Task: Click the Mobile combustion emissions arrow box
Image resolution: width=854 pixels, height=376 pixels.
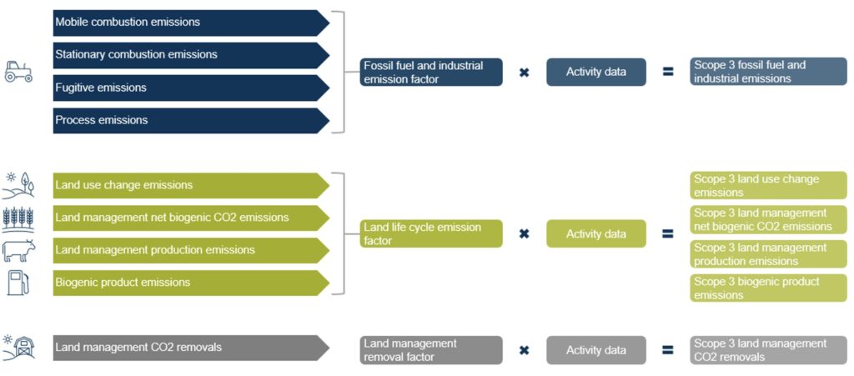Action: (x=191, y=23)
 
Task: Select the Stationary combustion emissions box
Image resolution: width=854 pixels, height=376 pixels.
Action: (x=191, y=56)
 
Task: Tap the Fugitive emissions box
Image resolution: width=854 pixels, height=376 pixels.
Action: (x=191, y=88)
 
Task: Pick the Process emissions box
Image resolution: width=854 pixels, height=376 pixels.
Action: (x=191, y=121)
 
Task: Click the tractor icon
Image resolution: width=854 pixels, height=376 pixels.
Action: (x=18, y=72)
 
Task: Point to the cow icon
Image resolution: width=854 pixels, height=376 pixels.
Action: (x=18, y=251)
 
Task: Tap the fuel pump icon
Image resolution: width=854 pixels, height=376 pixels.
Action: (x=18, y=283)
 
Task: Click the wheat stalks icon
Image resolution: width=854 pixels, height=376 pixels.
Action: (x=18, y=218)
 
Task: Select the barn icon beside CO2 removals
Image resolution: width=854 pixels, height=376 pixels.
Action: (x=18, y=348)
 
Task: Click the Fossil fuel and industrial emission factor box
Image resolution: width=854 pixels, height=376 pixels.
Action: (x=431, y=73)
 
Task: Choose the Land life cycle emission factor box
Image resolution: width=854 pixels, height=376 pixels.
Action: (x=431, y=234)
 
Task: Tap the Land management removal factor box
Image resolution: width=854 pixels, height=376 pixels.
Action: (x=431, y=350)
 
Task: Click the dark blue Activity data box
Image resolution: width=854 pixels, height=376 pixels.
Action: (x=595, y=73)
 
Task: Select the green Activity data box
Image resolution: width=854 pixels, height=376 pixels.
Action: (x=595, y=234)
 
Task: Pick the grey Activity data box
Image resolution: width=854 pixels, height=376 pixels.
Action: (x=595, y=350)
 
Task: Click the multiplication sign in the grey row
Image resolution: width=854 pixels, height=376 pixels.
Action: (x=524, y=350)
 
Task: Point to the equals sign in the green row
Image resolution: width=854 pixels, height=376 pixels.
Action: (x=668, y=234)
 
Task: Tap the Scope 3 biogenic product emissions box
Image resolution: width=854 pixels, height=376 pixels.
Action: (x=768, y=288)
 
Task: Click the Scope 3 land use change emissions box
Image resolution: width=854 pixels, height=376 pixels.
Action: (x=768, y=186)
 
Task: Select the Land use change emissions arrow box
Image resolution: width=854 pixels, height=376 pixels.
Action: (x=191, y=186)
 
